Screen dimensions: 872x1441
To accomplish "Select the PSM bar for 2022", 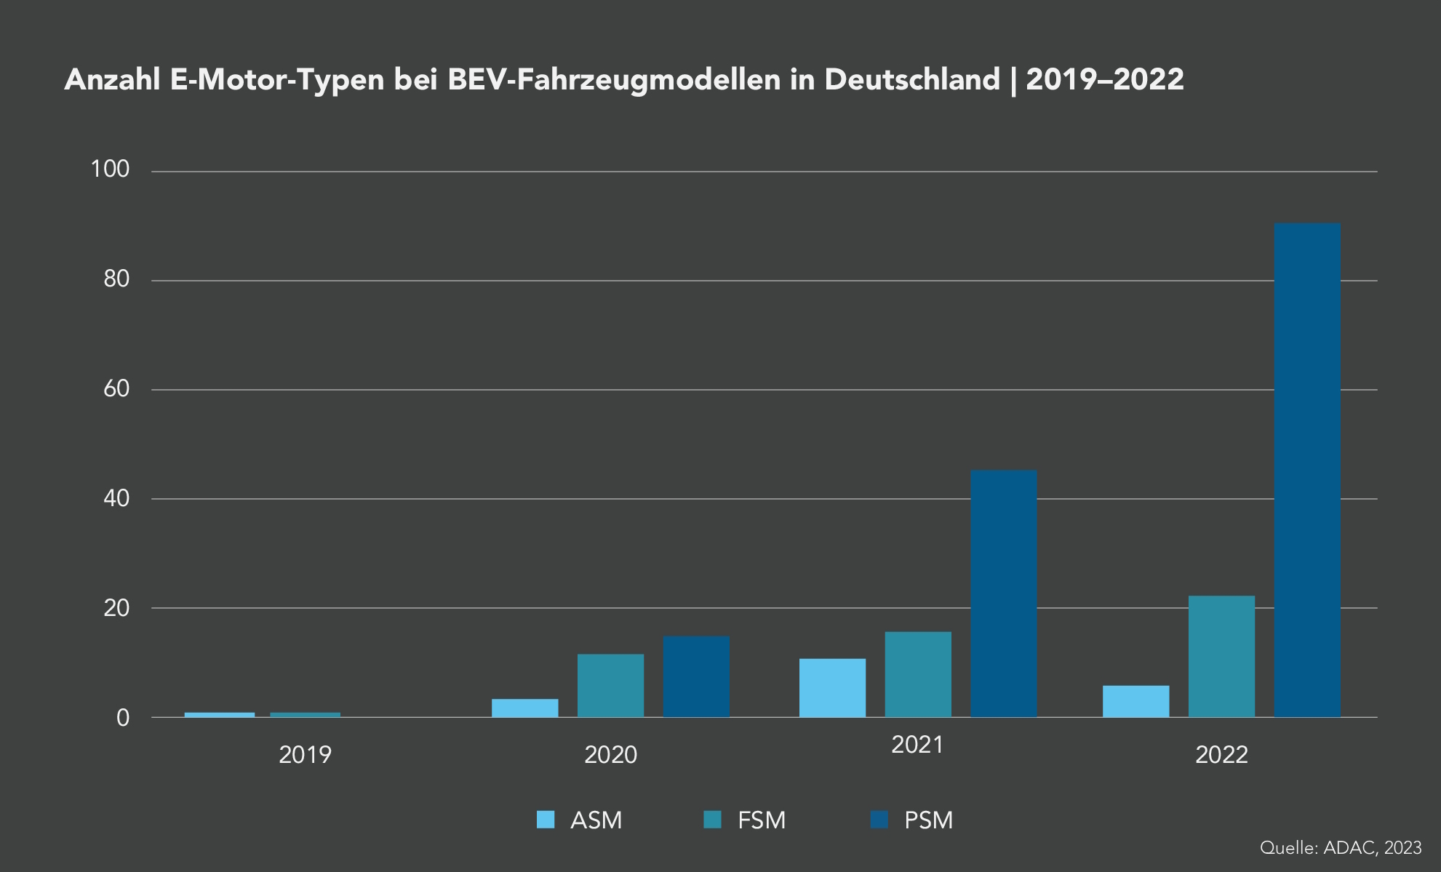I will click(x=1307, y=470).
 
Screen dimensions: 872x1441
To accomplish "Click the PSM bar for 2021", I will click(x=1004, y=593).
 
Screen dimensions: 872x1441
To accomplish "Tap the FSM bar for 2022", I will click(x=1221, y=657).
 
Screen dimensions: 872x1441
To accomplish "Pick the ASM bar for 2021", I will click(x=832, y=688).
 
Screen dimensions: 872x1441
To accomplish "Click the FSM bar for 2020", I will click(x=610, y=686).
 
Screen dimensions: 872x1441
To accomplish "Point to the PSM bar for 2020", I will click(x=696, y=676).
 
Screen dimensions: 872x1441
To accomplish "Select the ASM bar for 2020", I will click(x=524, y=708).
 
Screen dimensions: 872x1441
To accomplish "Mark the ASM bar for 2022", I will click(x=1135, y=701).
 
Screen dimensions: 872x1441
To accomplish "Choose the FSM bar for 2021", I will click(x=918, y=674).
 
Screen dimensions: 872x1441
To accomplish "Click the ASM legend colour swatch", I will click(x=546, y=820).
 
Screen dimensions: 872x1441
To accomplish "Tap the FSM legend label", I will click(x=762, y=820).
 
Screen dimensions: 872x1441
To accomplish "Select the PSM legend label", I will click(x=928, y=820).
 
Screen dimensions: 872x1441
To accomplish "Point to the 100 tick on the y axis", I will click(x=110, y=169).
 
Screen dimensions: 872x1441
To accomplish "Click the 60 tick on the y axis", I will click(x=116, y=389).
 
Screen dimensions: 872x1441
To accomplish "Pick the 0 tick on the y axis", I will click(x=123, y=718).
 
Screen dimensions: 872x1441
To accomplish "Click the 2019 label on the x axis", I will click(x=305, y=755).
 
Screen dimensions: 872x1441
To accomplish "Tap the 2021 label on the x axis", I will click(x=917, y=745).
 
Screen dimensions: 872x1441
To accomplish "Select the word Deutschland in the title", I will click(x=912, y=79).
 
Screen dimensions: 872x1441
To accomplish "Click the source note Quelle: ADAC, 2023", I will click(x=1340, y=847).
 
